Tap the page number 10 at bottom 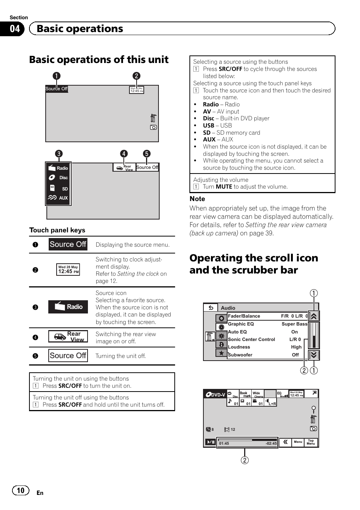coord(20,490)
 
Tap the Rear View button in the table coord(68,336)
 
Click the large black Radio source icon coord(68,307)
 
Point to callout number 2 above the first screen coord(136,76)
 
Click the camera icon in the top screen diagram coord(153,127)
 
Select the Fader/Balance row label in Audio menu coord(244,316)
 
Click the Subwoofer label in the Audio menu coord(240,355)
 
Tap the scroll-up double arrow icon coord(314,316)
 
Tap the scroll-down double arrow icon coord(314,355)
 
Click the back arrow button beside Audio coord(211,308)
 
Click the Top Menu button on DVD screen coord(311,442)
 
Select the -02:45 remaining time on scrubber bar coord(271,444)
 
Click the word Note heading coord(197,199)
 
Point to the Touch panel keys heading coord(57,230)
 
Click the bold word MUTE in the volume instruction coord(224,187)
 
